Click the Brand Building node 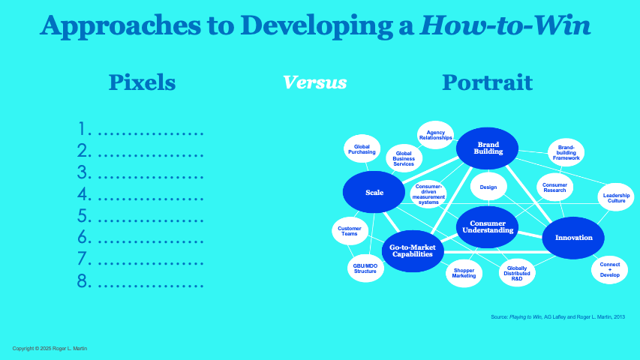point(488,148)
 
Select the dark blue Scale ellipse point(374,193)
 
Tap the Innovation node point(573,238)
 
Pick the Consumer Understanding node point(487,226)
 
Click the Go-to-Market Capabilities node point(413,250)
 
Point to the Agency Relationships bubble point(435,135)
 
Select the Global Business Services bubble point(404,159)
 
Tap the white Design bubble point(488,187)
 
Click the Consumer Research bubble point(554,187)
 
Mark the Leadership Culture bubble point(616,198)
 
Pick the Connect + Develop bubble point(610,270)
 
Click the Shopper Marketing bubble point(464,273)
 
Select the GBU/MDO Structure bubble point(365,268)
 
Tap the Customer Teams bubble point(350,231)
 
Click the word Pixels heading point(142,82)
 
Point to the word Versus point(314,82)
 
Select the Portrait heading point(487,82)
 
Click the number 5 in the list point(84,217)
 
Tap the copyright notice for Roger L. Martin point(50,349)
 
